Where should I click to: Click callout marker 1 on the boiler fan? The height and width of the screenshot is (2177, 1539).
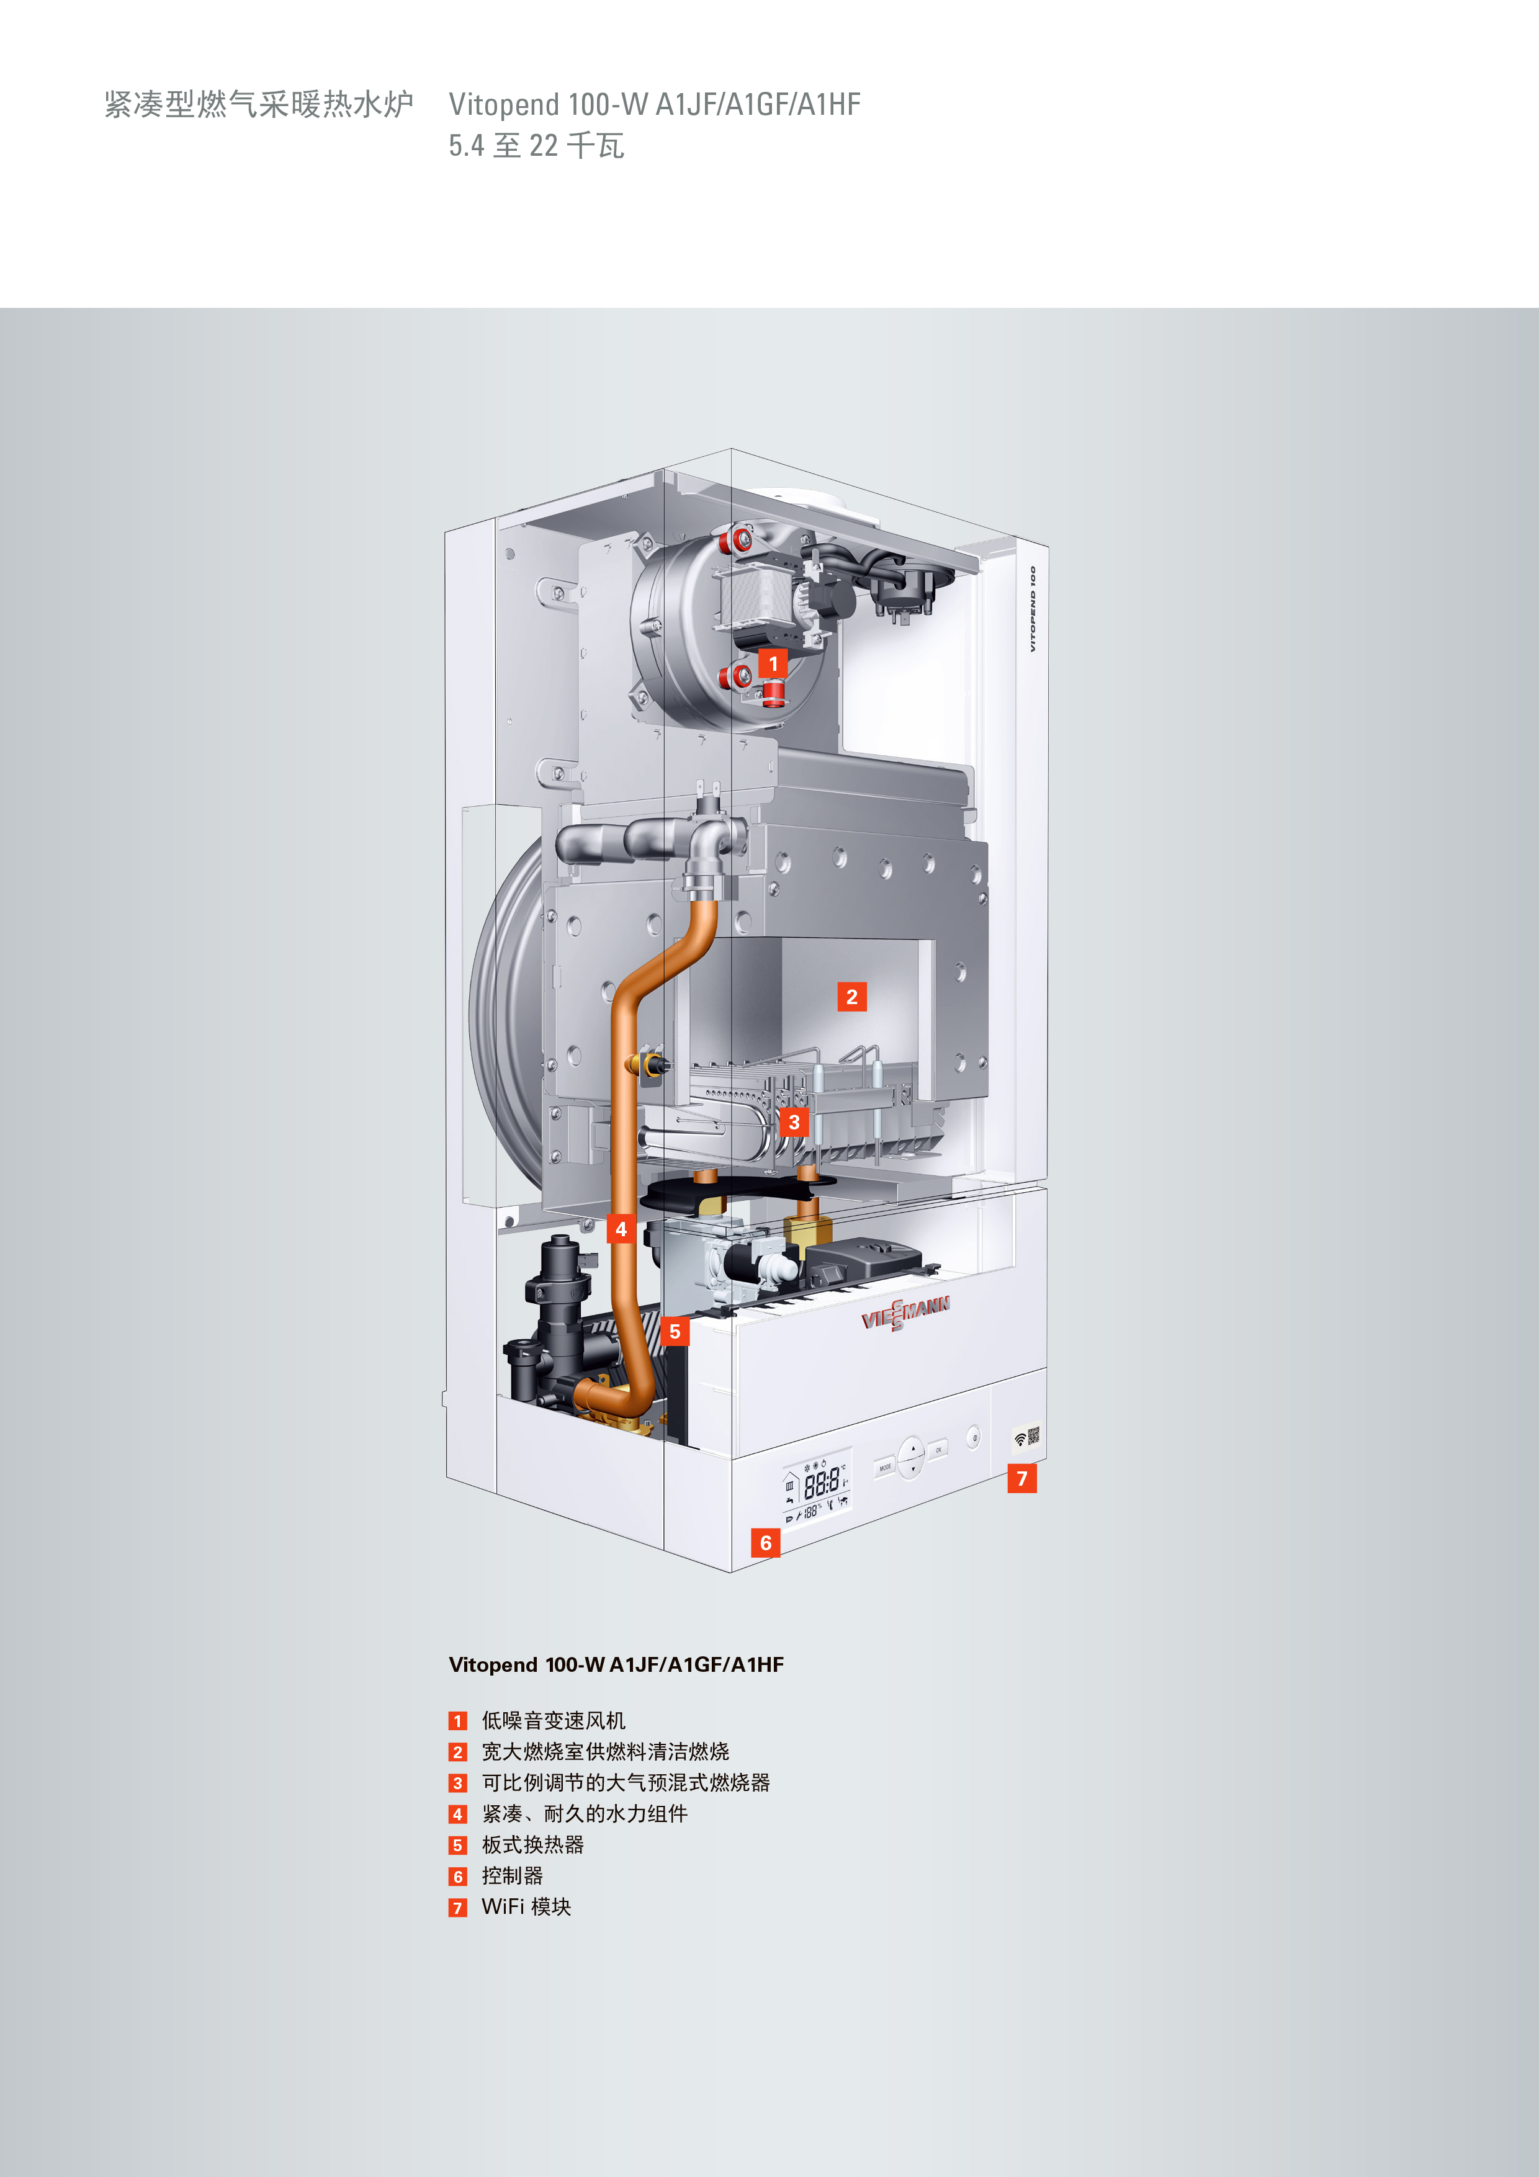pos(773,664)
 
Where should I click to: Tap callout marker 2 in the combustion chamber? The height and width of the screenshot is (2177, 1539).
pos(851,997)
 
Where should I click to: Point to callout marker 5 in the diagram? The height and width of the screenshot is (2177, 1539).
pos(674,1331)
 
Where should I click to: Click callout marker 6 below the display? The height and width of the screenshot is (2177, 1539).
pos(765,1543)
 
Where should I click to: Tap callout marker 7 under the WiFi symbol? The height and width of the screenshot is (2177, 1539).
pos(1022,1478)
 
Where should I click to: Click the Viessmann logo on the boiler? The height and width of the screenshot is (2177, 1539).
pos(905,1313)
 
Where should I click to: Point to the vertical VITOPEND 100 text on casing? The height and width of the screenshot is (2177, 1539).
pos(1033,609)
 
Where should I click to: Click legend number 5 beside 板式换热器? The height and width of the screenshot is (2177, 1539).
pos(458,1845)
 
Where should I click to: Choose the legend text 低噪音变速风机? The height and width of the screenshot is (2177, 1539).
pos(554,1720)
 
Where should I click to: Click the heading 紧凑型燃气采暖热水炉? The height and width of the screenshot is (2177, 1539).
pos(259,104)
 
